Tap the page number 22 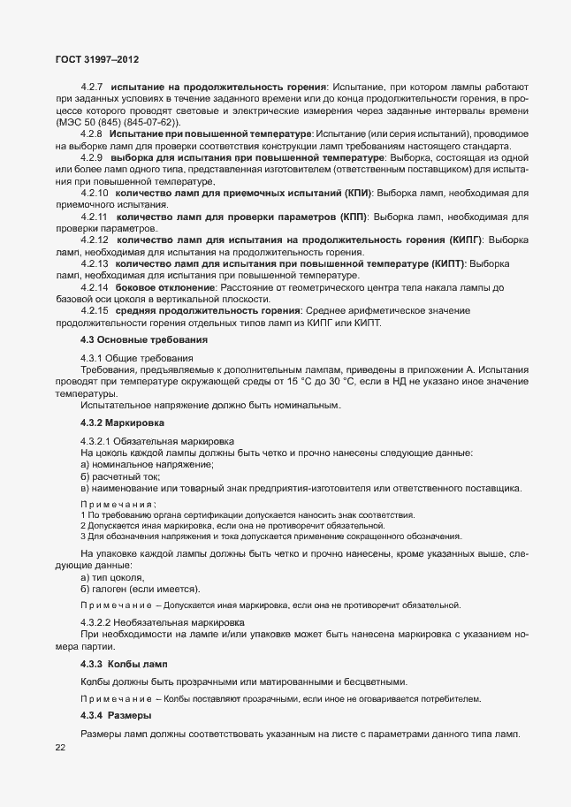[x=60, y=749]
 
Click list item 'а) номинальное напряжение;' [x=147, y=464]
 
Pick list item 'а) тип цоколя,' [x=112, y=577]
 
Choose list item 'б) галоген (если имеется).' [x=140, y=589]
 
